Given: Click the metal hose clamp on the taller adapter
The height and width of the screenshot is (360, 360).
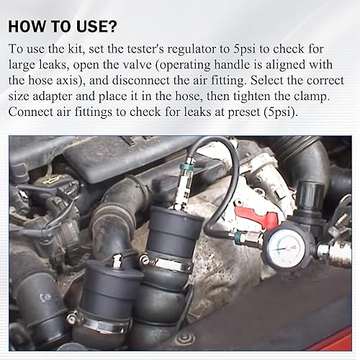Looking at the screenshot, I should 169,264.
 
